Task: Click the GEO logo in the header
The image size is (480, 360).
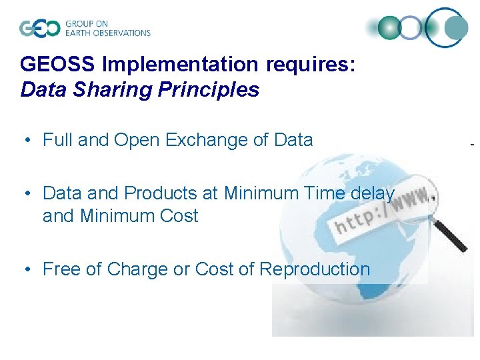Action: coord(39,28)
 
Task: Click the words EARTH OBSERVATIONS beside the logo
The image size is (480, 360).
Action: coord(107,33)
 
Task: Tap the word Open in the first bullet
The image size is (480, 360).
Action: coord(135,140)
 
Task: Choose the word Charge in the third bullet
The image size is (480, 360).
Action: coord(138,269)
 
